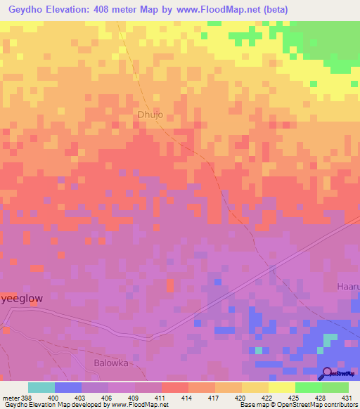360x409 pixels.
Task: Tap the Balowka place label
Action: click(x=110, y=363)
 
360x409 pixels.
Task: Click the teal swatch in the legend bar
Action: click(x=41, y=387)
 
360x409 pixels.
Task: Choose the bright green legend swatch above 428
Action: click(x=308, y=387)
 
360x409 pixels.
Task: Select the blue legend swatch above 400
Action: click(x=67, y=387)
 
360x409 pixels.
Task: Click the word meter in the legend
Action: click(x=11, y=397)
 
